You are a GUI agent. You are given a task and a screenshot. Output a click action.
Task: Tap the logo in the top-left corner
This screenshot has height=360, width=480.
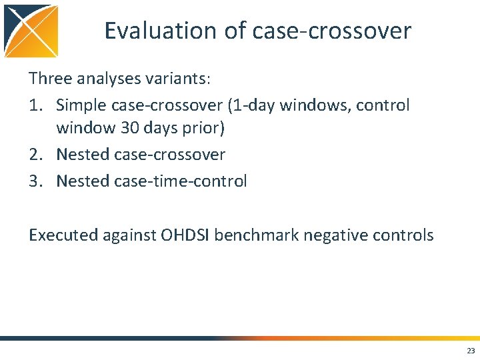(x=31, y=30)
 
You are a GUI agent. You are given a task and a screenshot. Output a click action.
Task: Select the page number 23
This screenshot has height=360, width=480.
(x=471, y=351)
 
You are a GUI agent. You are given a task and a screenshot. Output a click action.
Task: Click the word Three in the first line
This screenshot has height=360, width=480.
(x=49, y=79)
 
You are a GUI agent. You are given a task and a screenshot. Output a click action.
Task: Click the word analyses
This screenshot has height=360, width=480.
(x=107, y=79)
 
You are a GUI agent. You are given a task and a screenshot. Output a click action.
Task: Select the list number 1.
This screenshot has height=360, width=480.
(x=36, y=105)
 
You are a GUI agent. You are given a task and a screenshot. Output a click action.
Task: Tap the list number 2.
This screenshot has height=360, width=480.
(x=36, y=155)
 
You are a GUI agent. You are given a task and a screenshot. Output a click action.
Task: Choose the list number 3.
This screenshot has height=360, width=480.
(x=36, y=181)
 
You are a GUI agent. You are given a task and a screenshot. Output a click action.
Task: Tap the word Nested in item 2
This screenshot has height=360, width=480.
(x=83, y=155)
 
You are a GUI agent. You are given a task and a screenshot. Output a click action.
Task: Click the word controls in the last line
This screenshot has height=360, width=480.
(x=405, y=235)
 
